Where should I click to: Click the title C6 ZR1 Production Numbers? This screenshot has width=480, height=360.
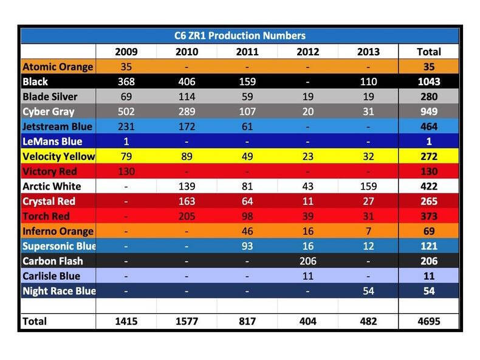[239, 36]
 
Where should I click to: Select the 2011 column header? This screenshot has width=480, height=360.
[247, 52]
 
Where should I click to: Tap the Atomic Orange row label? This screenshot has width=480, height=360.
[58, 67]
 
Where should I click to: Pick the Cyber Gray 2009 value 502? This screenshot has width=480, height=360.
[126, 111]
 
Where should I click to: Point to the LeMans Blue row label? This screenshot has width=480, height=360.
[53, 141]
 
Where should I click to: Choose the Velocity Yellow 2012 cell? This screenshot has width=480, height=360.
[307, 156]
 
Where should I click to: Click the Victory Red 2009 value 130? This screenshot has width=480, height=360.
[126, 171]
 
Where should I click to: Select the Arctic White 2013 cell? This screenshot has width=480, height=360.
[368, 186]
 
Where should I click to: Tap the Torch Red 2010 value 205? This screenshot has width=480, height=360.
[187, 216]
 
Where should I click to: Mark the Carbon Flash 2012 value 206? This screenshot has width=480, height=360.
[307, 261]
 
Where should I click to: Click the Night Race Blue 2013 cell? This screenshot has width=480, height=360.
[368, 291]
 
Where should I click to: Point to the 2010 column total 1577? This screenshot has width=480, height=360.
[187, 320]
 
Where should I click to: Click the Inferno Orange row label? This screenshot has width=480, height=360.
[58, 231]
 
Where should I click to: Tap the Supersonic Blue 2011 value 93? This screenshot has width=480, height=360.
[247, 246]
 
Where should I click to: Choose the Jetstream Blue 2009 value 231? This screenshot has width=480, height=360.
[126, 126]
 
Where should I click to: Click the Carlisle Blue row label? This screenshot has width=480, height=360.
[52, 275]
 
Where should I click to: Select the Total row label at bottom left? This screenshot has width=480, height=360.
[35, 320]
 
